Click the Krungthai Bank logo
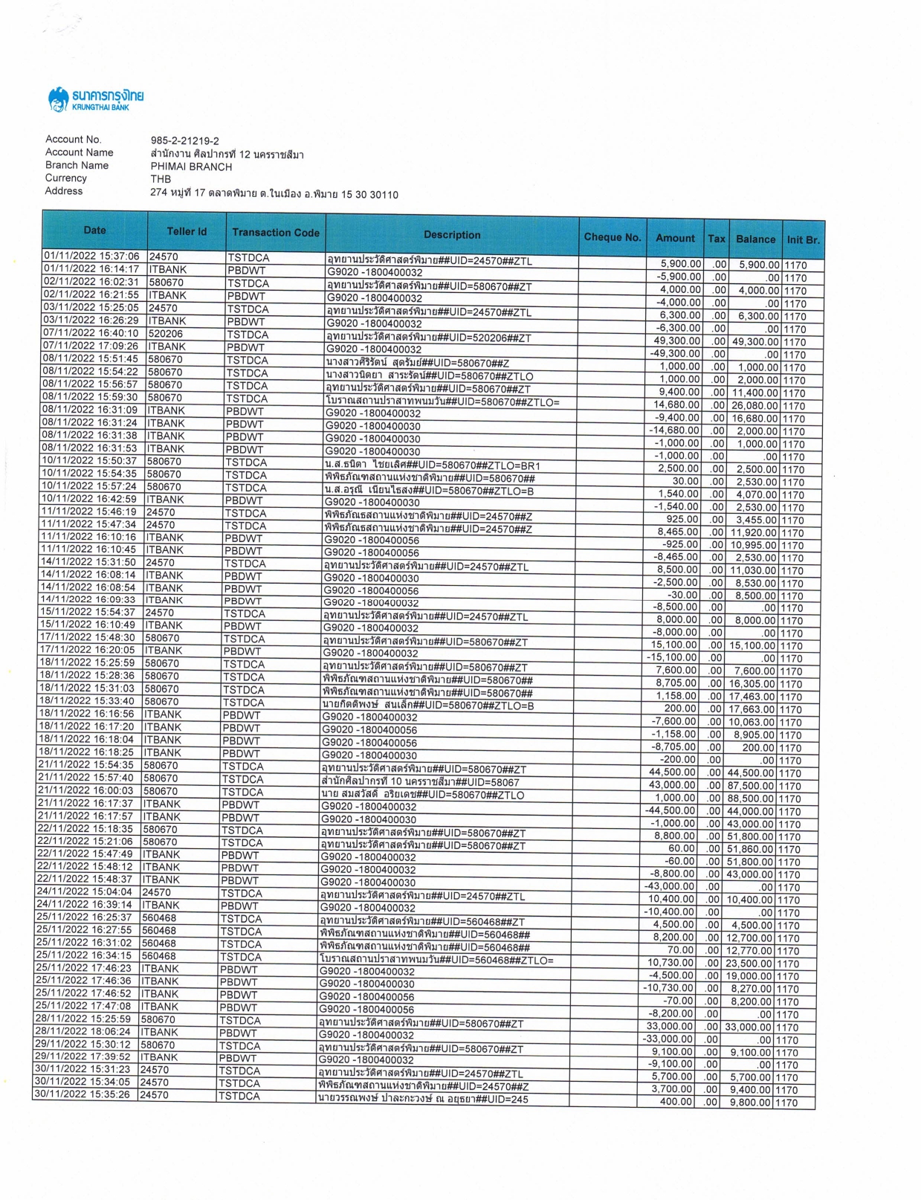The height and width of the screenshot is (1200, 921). (95, 99)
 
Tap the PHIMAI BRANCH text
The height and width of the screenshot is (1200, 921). (191, 167)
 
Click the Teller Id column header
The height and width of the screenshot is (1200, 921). (187, 231)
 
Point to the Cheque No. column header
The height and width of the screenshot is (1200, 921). (612, 237)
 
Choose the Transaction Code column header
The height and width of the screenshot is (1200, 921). (275, 233)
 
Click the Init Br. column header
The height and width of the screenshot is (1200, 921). (803, 239)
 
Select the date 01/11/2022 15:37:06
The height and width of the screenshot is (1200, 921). (91, 257)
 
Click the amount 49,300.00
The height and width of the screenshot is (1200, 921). (676, 341)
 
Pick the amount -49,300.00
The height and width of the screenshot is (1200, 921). (674, 354)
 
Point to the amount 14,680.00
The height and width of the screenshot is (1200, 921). (676, 404)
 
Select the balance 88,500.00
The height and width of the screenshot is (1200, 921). (753, 799)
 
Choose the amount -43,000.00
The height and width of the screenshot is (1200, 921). (670, 886)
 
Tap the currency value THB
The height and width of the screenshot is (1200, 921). (161, 179)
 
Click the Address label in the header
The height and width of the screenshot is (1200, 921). (64, 191)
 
